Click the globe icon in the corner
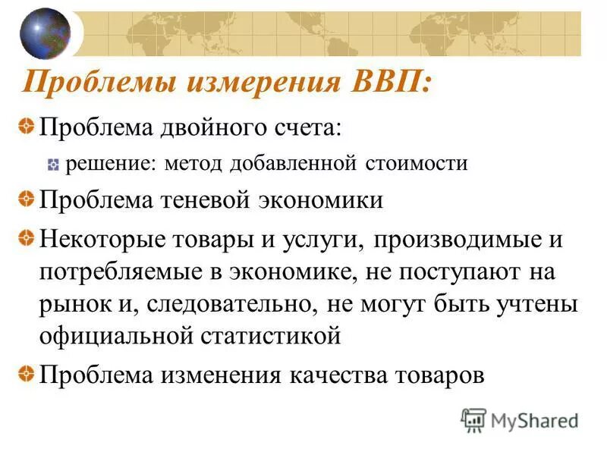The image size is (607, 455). pos(44,33)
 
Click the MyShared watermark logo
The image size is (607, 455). pos(521,419)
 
